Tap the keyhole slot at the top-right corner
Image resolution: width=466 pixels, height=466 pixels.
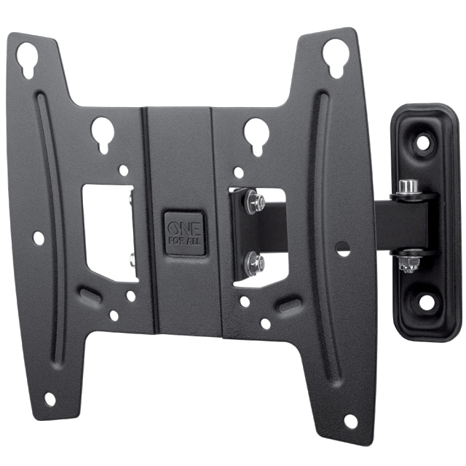point(335,57)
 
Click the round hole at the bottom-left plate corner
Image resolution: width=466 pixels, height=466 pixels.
point(50,398)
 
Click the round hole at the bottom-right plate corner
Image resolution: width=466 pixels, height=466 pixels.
point(350,421)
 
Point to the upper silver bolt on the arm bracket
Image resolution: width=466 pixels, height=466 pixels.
point(254,201)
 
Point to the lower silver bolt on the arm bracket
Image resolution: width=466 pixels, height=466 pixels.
point(254,262)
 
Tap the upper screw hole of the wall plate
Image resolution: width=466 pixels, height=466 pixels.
point(422,143)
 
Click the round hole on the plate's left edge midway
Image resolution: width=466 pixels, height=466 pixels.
point(38,237)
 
